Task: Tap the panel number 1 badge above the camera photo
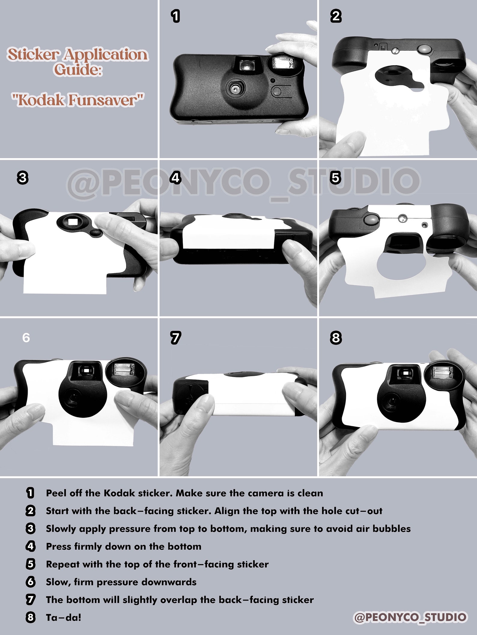coord(175,16)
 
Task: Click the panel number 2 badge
coord(336,16)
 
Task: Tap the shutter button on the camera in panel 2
coord(424,49)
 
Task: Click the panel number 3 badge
coord(23,178)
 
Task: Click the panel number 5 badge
coord(335,178)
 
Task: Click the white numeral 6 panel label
coord(26,338)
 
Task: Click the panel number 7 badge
coord(175,338)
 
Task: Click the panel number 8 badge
coord(336,338)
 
